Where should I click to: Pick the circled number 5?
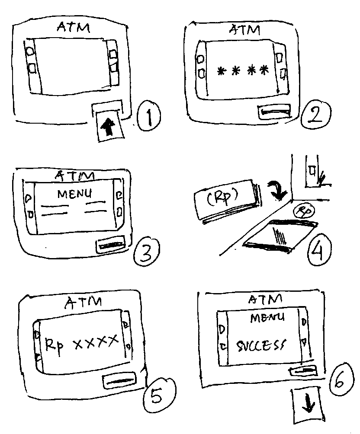click(x=157, y=396)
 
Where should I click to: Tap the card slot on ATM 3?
click(x=111, y=246)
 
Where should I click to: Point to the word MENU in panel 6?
click(x=267, y=318)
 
